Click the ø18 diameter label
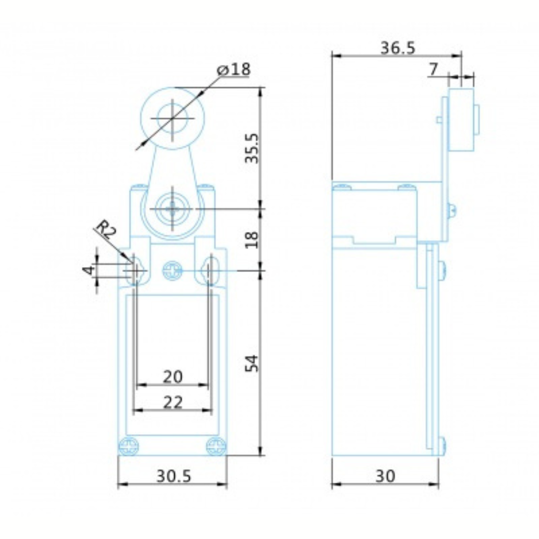click(234, 69)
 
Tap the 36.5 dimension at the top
click(398, 48)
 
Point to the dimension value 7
click(434, 69)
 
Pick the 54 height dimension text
click(252, 363)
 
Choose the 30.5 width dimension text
click(173, 476)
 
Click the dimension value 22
click(173, 402)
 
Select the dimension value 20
click(173, 377)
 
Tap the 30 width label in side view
click(385, 476)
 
